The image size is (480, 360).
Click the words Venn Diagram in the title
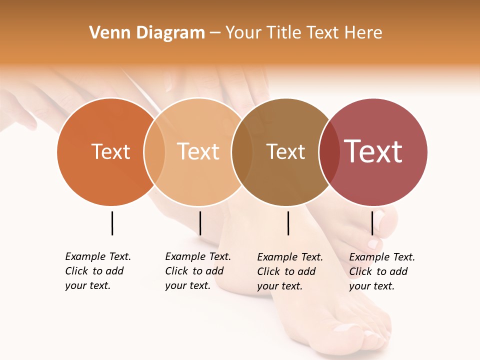[x=147, y=33]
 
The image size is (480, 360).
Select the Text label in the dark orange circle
[x=110, y=151]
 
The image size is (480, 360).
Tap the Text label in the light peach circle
[x=198, y=151]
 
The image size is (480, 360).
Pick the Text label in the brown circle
[x=285, y=151]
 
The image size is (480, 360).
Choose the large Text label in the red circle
[x=373, y=151]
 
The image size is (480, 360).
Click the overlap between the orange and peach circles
[x=154, y=151]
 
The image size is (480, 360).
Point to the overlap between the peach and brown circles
[x=242, y=151]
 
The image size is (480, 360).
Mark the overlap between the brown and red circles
[x=329, y=151]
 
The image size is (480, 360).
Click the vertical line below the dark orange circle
[x=112, y=223]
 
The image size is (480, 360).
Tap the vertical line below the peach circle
[x=200, y=223]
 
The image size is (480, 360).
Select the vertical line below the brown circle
[x=288, y=223]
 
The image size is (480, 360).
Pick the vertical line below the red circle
[x=372, y=223]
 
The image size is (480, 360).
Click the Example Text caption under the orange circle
[x=97, y=271]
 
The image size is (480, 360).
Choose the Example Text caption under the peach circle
[x=197, y=271]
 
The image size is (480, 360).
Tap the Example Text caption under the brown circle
[x=289, y=271]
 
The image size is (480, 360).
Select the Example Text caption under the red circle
[x=381, y=271]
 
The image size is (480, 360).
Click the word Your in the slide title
[x=242, y=33]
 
